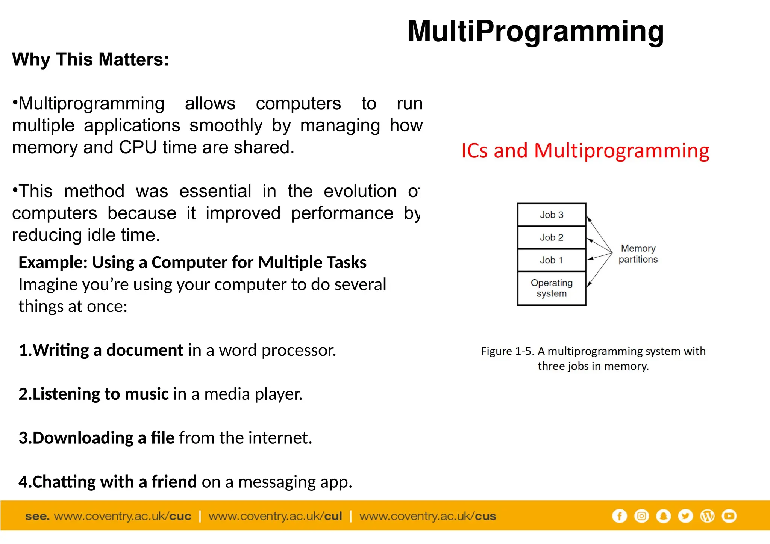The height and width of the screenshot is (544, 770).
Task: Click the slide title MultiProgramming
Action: point(535,32)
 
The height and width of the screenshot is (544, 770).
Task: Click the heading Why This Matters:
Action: point(91,59)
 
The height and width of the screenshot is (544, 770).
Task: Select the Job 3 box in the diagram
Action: point(551,215)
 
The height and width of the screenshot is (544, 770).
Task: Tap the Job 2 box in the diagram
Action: point(551,237)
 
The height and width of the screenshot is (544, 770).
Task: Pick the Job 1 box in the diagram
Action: point(551,260)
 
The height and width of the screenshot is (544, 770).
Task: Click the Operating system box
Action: point(551,288)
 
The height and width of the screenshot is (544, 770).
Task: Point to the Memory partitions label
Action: point(638,254)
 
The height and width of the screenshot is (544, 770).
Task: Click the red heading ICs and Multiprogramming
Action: point(585,151)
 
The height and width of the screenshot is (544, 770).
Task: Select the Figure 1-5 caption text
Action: point(593,358)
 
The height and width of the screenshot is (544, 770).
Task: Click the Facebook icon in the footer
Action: point(619,516)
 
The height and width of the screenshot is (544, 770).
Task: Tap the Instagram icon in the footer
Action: point(641,516)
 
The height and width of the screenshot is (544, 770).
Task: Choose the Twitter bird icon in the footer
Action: point(685,516)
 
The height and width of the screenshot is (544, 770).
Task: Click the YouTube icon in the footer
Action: point(729,516)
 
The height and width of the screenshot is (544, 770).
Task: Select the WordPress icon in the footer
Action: point(707,516)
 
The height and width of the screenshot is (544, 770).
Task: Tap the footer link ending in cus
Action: point(427,516)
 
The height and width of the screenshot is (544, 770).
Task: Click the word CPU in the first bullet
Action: point(138,147)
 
